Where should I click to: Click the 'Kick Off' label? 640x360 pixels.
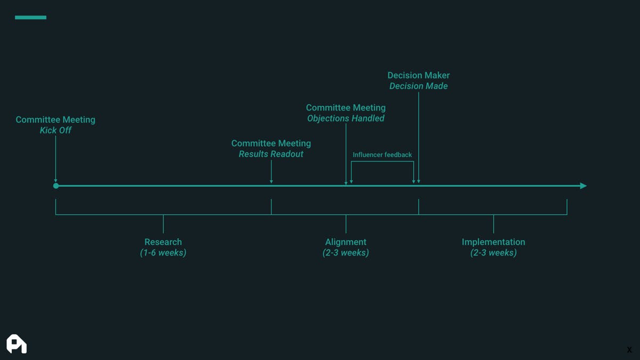55,131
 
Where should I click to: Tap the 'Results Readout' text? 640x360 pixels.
271,154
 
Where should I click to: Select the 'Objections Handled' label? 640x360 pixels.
346,118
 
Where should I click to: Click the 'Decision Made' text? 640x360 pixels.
418,86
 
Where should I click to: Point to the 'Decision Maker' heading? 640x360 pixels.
418,75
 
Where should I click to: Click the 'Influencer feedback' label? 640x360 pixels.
382,155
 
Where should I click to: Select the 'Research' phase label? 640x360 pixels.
163,242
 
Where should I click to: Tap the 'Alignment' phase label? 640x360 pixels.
346,242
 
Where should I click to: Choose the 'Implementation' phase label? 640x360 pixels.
493,242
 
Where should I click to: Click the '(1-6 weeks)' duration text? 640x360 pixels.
163,253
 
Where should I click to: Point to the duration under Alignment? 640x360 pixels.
346,253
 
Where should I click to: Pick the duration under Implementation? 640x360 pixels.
493,253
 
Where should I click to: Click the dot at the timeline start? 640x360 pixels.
56,186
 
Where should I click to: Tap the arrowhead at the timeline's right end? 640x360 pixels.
583,186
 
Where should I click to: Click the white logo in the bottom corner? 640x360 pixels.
17,344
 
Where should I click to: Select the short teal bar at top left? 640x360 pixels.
30,18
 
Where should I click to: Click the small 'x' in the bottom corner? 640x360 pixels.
629,350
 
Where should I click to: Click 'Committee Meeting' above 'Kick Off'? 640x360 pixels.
55,119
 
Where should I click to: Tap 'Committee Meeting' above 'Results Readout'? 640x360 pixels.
271,143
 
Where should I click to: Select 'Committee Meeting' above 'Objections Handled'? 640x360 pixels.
346,108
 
